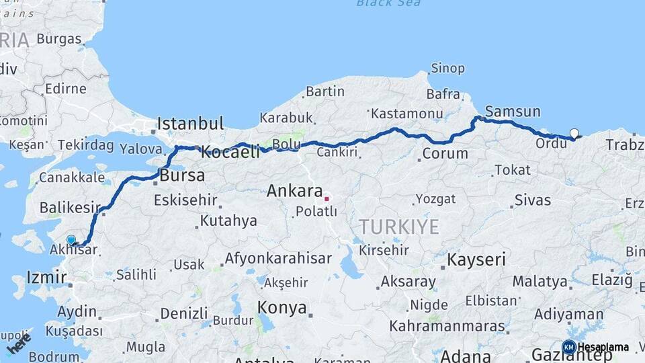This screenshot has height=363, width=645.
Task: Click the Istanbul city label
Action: pos(190,124)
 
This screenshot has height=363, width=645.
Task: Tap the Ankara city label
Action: pos(295,191)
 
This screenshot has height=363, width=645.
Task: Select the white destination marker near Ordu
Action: pos(574,133)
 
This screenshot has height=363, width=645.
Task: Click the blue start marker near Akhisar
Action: pos(71,239)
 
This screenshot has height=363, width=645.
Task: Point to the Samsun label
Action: pos(513,112)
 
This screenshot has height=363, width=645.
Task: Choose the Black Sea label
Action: pos(388,3)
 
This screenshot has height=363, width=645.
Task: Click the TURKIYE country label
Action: pos(398,227)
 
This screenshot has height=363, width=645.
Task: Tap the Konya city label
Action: pos(282,309)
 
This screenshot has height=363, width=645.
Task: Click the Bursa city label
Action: pos(182,176)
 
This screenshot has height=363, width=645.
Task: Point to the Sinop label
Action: pos(447,68)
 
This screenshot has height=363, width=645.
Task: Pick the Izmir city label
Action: pos(46,277)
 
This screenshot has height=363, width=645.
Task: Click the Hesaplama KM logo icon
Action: pos(569,348)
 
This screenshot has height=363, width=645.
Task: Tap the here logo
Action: pos(19,344)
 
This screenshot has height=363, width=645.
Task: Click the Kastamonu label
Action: pos(406,114)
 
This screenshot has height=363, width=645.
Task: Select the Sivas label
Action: pos(532,200)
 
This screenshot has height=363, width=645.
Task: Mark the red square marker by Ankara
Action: pos(327,198)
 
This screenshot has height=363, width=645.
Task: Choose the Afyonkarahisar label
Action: pos(277,258)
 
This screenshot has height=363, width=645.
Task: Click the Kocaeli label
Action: pos(230,153)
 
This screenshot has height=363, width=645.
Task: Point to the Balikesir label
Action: pos(70,208)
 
